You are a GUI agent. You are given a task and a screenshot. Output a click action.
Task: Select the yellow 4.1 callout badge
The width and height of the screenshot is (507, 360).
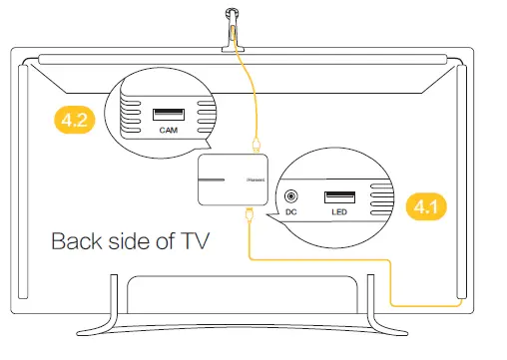[x=426, y=208]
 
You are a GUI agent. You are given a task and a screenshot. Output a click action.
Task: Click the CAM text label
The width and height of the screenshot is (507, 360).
[x=167, y=131]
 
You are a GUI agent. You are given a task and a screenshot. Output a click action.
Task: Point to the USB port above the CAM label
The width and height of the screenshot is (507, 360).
[x=167, y=112]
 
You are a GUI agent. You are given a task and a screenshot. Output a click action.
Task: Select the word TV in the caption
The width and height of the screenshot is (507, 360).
[x=192, y=241]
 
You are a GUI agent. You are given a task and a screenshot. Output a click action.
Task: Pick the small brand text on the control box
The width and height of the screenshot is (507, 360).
[x=255, y=180]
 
